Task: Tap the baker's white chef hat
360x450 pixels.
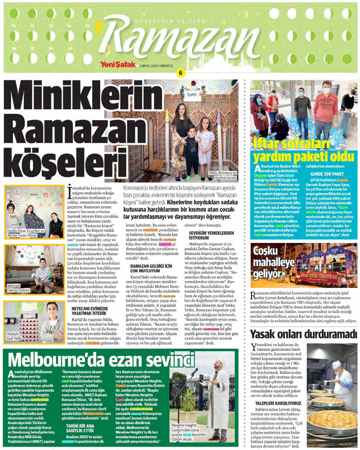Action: point(336,364)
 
